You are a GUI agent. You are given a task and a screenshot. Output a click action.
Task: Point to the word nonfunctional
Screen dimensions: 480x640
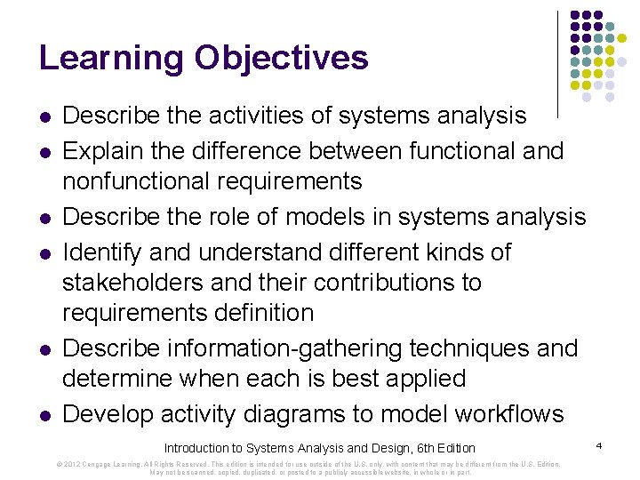(x=141, y=181)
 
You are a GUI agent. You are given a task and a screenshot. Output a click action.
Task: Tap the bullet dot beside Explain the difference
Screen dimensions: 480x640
(x=44, y=153)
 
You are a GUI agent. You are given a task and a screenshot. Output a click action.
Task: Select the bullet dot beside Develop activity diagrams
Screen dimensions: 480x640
(x=44, y=416)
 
